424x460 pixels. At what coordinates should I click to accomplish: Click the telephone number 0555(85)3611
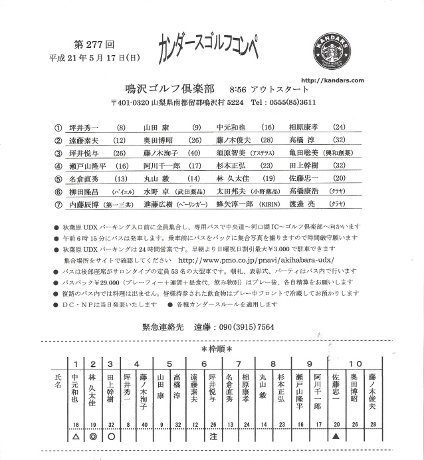pos(293,102)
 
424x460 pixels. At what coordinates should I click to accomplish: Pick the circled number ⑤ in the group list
pos(58,178)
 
